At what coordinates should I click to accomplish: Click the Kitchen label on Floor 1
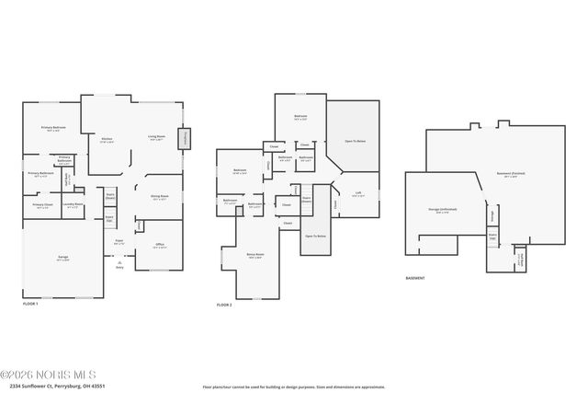coord(107,141)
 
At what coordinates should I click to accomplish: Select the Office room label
coord(159,246)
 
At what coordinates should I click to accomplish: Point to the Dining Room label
coord(159,197)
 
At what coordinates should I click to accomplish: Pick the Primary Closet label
coord(42,205)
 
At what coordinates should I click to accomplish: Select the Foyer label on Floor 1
coord(119,242)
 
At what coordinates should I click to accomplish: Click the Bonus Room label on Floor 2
coord(254,256)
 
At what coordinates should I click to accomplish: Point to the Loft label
coord(357,194)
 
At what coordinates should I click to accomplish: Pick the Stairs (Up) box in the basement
coord(492,237)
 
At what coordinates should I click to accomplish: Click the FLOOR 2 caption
coord(224,305)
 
